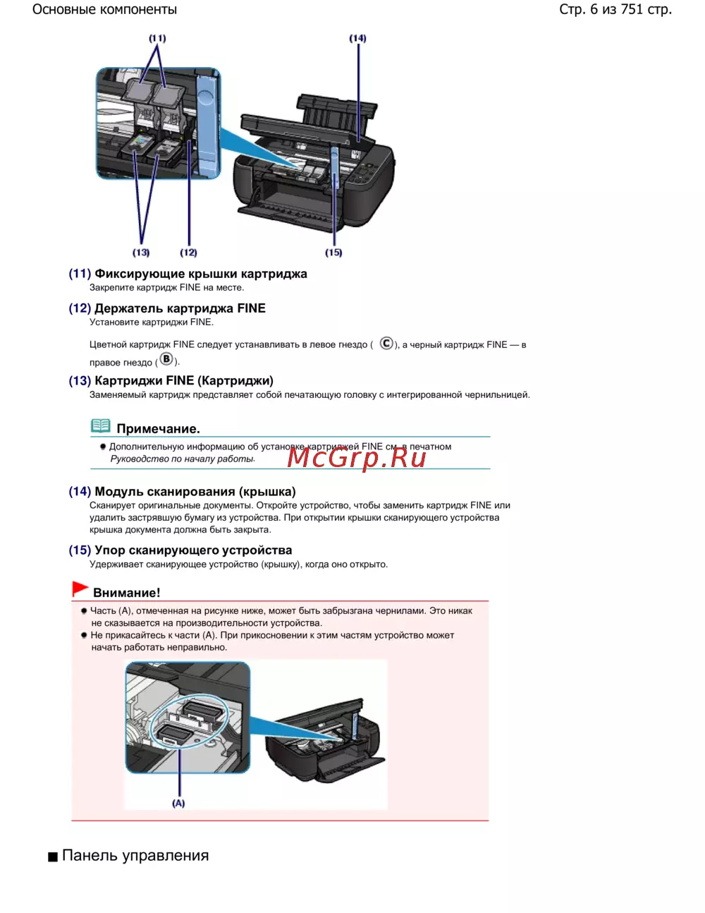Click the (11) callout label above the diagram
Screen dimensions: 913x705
pos(157,38)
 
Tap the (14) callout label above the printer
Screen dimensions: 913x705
pos(357,38)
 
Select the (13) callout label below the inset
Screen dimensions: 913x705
pos(141,253)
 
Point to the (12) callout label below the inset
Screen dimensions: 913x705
pos(188,253)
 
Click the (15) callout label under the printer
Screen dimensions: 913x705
pos(333,253)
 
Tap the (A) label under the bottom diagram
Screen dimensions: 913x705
pos(178,803)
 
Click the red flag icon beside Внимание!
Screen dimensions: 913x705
pos(80,589)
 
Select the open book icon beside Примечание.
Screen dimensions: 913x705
pos(101,426)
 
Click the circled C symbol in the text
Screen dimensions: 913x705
pos(386,344)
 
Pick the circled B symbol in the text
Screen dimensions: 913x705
pos(166,359)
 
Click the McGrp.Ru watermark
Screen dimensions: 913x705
pos(357,458)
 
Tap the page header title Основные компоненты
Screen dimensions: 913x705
pos(105,10)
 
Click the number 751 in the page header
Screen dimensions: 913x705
pos(632,10)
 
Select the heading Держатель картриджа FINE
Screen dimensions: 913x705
pos(180,308)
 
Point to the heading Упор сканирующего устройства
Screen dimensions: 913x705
pos(193,550)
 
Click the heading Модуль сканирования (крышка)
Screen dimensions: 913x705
pos(195,492)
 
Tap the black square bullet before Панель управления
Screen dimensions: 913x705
pos(53,857)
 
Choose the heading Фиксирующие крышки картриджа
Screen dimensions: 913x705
pos(201,274)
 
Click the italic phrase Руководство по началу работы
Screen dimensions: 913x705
pos(183,459)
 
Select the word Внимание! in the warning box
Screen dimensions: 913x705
pos(127,593)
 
